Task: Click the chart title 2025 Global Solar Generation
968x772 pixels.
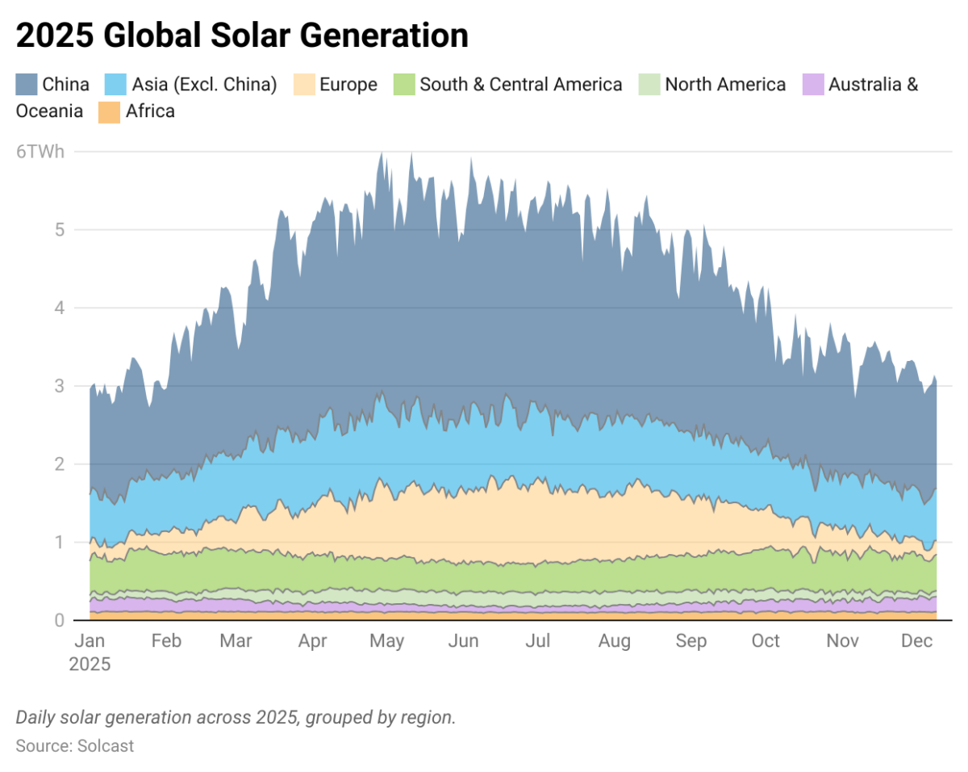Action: [x=242, y=36]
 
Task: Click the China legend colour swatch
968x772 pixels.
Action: [x=27, y=85]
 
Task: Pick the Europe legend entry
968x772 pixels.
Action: [x=348, y=85]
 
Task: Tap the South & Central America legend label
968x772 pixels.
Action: [x=520, y=85]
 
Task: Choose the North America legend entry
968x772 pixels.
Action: [x=724, y=85]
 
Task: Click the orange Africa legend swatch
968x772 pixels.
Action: [x=109, y=111]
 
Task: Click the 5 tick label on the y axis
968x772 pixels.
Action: [x=59, y=230]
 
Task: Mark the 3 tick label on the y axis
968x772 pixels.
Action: [x=59, y=386]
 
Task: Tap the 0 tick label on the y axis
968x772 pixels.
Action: [x=59, y=620]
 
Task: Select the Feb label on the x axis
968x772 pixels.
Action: [x=166, y=642]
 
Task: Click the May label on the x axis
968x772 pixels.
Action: [x=386, y=642]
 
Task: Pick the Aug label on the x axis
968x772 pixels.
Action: [x=615, y=642]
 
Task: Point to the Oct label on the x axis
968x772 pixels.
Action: [x=765, y=642]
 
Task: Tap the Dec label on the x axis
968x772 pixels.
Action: [x=916, y=642]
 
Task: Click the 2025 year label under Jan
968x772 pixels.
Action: [x=90, y=665]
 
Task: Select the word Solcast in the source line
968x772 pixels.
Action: [x=106, y=746]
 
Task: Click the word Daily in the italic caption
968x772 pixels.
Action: [x=37, y=718]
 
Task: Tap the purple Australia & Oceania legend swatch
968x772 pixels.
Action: [x=813, y=85]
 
